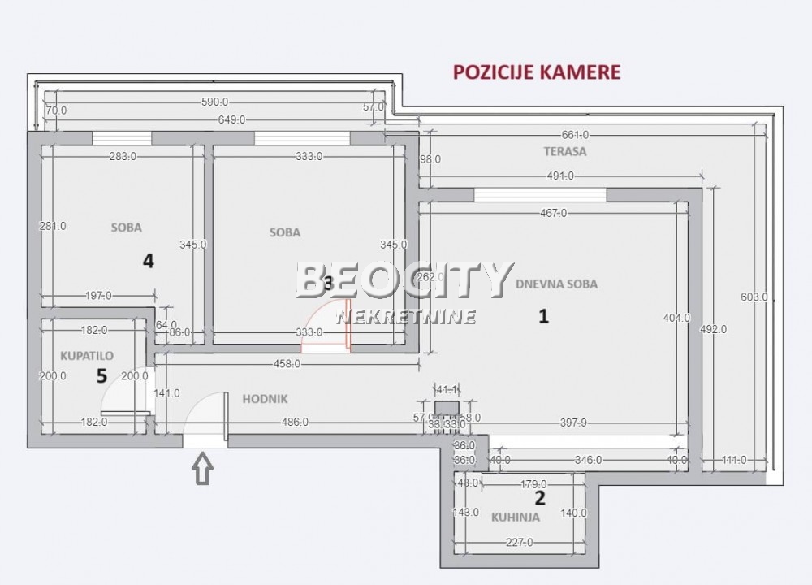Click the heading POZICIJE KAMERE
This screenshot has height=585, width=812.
point(536,71)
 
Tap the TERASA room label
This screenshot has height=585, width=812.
point(565,151)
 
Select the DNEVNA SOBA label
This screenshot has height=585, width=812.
point(556,284)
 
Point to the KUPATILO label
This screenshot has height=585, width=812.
point(87,355)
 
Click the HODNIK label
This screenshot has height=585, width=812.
point(266,399)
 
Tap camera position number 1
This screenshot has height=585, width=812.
point(544,316)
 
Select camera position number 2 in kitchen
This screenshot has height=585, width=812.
point(538,497)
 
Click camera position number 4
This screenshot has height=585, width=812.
point(148,261)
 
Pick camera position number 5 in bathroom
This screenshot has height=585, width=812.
point(101,375)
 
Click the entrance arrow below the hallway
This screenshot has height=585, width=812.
point(203,470)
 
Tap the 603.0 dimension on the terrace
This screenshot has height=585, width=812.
point(754,297)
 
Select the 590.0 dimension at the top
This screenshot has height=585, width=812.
point(214,102)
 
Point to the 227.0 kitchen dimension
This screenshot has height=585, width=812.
point(519,544)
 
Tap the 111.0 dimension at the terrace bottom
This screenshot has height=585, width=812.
point(734,460)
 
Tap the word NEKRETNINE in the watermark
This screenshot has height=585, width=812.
point(406,316)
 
